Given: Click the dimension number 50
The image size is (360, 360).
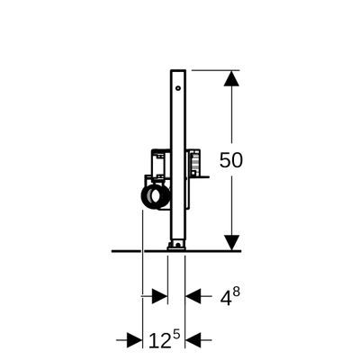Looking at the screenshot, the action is tap(230, 160).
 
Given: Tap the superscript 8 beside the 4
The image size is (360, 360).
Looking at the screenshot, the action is tap(236, 292).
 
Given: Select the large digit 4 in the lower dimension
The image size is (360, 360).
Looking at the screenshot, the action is tap(226, 298).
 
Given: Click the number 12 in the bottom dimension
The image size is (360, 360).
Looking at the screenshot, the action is tap(160, 340).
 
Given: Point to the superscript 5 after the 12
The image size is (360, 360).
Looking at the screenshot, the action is tap(176, 334).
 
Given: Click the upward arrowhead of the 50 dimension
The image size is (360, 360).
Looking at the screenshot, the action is tap(231, 78).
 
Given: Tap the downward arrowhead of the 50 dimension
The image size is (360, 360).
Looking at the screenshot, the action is tap(231, 243).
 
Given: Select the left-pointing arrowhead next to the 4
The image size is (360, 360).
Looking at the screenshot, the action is tap(193, 297).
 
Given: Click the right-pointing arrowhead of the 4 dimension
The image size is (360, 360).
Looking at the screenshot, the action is tap(159, 297).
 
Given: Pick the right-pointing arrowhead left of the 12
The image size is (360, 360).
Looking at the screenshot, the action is tap(134, 340).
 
